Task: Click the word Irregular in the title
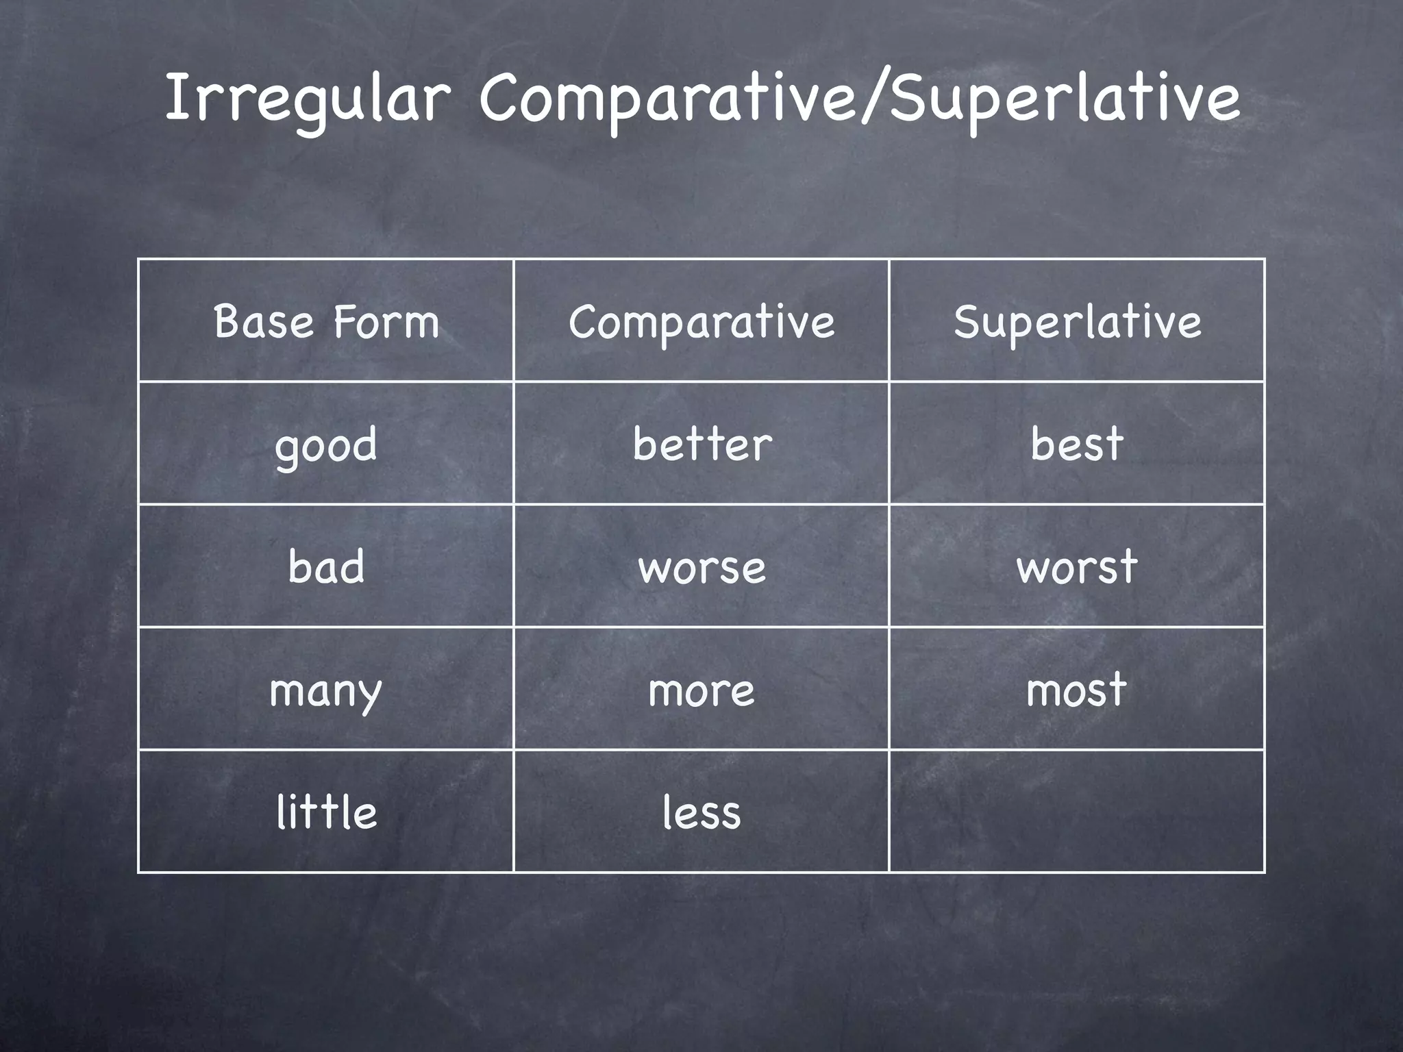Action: point(306,99)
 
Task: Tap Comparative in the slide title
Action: point(668,99)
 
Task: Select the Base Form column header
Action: point(326,321)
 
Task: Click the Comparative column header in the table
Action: point(701,321)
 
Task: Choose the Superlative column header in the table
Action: point(1077,321)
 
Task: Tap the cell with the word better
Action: point(701,443)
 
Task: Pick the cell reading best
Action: point(1077,443)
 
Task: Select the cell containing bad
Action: point(326,566)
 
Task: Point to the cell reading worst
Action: point(1077,566)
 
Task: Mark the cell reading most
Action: point(1077,689)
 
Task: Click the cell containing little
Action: point(326,812)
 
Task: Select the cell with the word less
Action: point(701,812)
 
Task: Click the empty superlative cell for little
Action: point(1077,812)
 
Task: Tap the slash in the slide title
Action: point(874,99)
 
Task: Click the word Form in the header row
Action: point(386,321)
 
